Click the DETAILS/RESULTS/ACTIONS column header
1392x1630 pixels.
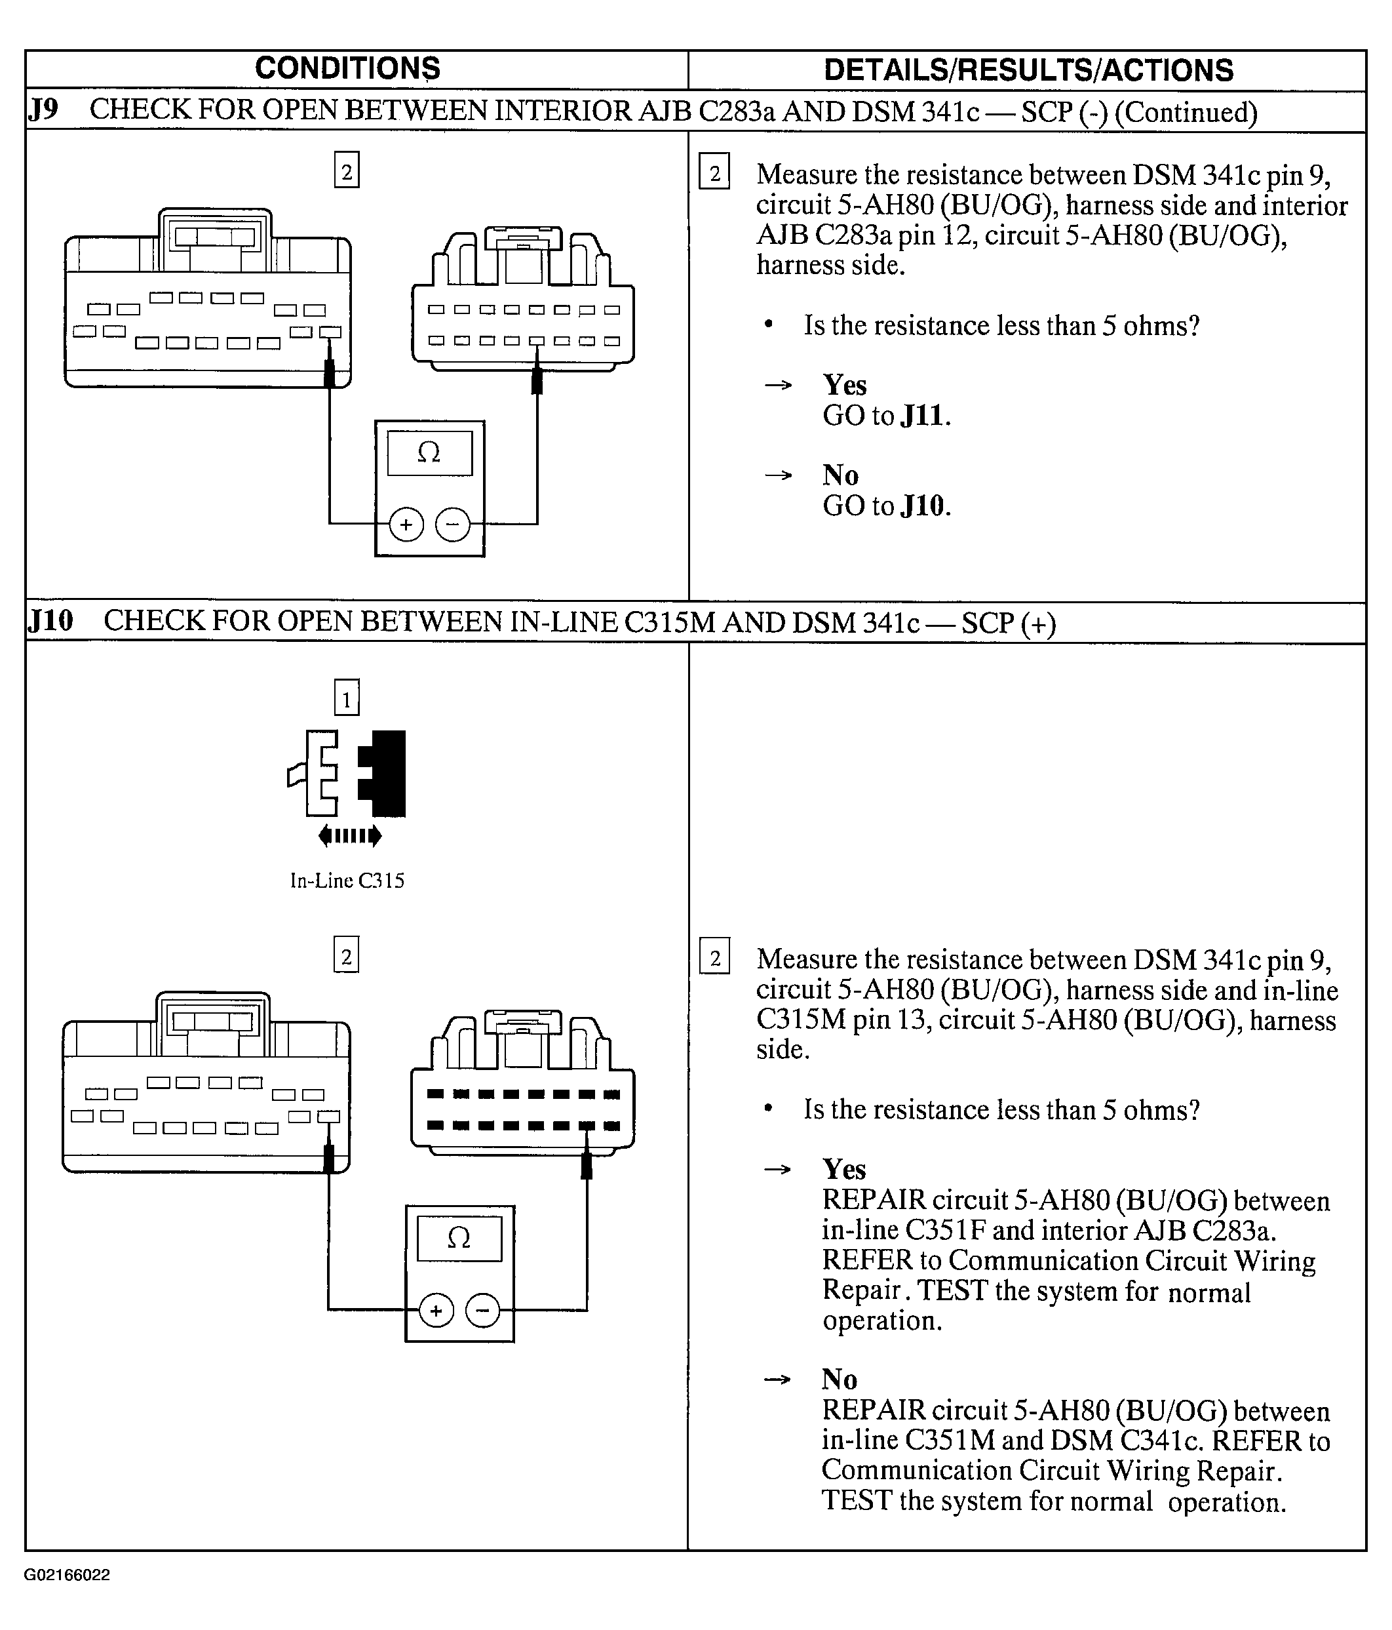[x=1028, y=70]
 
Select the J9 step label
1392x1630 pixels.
[x=43, y=110]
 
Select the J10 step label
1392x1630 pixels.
[x=50, y=622]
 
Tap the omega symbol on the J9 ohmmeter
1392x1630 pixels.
[x=429, y=453]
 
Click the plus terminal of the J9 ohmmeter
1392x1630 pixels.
[x=406, y=525]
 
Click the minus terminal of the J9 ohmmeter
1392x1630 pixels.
[x=452, y=525]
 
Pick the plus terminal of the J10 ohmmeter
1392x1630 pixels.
[x=436, y=1311]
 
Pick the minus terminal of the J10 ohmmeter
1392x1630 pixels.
[x=483, y=1311]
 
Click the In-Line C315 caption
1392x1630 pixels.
[x=347, y=881]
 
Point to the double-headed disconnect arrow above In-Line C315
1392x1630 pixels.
[x=350, y=835]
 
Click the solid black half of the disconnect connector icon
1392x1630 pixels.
[x=384, y=773]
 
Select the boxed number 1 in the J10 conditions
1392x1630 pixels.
[x=347, y=698]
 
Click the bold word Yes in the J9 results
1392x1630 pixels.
[x=844, y=386]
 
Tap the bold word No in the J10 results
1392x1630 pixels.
[x=839, y=1380]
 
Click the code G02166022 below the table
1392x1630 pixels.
[x=67, y=1575]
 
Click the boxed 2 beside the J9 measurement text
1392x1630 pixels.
[x=714, y=172]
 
